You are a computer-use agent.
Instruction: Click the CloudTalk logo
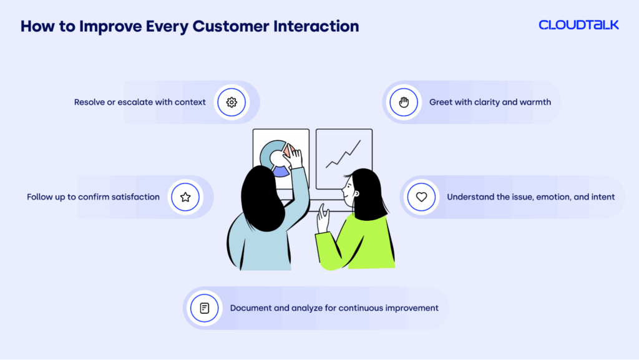(578, 26)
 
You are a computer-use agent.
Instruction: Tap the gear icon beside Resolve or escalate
(232, 102)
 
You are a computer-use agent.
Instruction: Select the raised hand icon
(404, 102)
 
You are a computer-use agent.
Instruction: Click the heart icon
(421, 197)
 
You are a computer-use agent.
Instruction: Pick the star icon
(185, 197)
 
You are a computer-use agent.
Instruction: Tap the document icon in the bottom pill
(204, 308)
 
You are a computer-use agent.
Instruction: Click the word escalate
(133, 102)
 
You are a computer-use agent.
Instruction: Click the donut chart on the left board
(275, 158)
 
